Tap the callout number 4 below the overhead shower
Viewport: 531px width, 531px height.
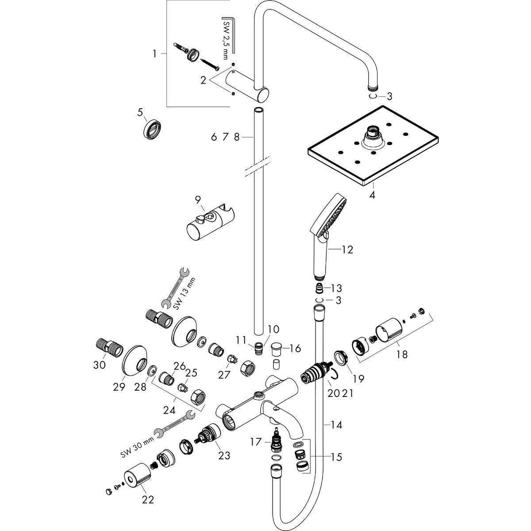coord(372,195)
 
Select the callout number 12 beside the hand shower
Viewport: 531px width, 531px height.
coord(347,250)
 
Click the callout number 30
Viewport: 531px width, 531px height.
coord(100,366)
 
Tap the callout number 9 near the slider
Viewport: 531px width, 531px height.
coord(198,200)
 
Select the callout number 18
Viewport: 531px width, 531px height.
coord(402,354)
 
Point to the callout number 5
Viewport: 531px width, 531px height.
coord(140,112)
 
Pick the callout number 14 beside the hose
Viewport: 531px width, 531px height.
coord(336,433)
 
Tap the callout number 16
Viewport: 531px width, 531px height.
coord(296,349)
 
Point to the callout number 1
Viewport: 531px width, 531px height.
coord(154,54)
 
